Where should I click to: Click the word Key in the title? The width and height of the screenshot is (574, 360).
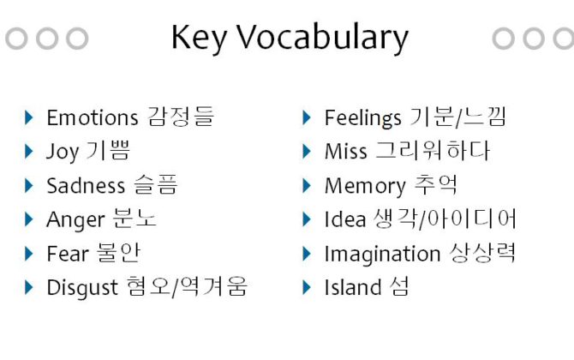tap(199, 38)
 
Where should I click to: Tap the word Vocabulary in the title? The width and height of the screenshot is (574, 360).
tap(322, 38)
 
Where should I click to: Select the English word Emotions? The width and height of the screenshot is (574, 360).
tap(93, 118)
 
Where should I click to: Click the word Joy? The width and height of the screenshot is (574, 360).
tap(63, 152)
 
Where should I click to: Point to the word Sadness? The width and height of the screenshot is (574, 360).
tap(86, 185)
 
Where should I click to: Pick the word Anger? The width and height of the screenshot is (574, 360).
tap(75, 220)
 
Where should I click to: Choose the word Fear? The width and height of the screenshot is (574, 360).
tap(68, 254)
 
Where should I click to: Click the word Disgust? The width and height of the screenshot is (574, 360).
tap(82, 288)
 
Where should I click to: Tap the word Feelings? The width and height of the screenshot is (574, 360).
tap(362, 118)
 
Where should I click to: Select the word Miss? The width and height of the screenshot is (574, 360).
tap(345, 151)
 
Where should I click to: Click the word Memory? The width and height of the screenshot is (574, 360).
tap(365, 186)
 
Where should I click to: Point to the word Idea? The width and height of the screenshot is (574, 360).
tap(345, 219)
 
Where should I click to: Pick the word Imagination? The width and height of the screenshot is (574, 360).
tap(382, 255)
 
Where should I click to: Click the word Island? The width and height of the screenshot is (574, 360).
tap(353, 287)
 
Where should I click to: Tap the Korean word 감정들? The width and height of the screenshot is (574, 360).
tap(182, 117)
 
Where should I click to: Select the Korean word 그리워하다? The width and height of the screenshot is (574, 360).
tap(433, 151)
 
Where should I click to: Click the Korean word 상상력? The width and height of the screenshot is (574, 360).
tap(482, 253)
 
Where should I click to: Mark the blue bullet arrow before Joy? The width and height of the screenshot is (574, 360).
tap(28, 151)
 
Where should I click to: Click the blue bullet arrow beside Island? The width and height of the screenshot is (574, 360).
tap(307, 287)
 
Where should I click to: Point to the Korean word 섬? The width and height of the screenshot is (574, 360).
tap(399, 286)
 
